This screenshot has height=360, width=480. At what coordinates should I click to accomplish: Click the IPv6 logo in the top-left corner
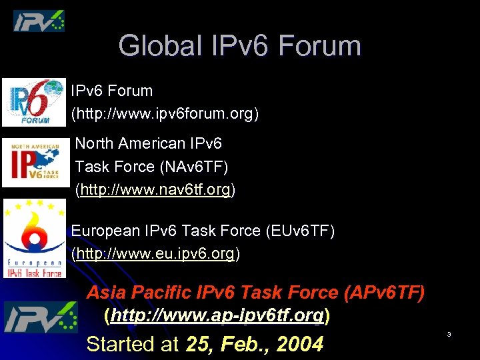tap(39, 21)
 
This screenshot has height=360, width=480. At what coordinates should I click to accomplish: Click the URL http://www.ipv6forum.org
tap(165, 114)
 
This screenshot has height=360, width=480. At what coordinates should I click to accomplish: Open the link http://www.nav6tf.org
tap(155, 190)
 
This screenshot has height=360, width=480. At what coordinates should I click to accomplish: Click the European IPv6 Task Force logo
tap(34, 238)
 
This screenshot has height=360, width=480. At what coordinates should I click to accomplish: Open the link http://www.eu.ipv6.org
tap(155, 254)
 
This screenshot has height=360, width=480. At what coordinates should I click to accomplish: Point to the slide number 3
tap(449, 334)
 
